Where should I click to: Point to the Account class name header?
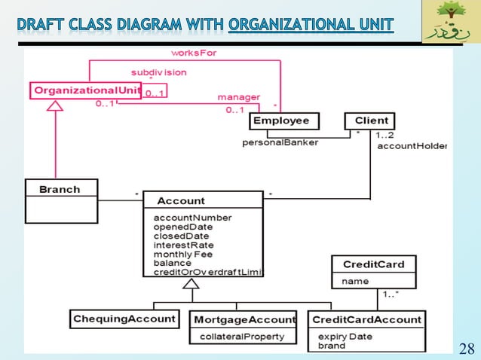(x=180, y=200)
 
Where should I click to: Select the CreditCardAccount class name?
(x=366, y=319)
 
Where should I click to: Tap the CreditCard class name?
(x=373, y=264)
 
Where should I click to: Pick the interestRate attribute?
(x=183, y=245)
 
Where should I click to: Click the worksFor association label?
(x=194, y=53)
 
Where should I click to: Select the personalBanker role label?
(x=280, y=142)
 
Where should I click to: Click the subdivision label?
(x=159, y=72)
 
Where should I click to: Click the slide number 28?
(x=467, y=347)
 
